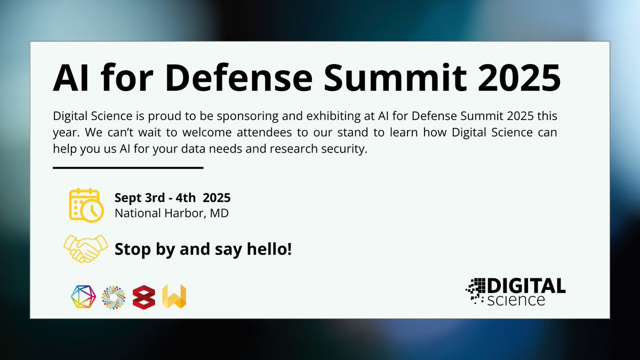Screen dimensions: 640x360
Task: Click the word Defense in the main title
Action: (238, 77)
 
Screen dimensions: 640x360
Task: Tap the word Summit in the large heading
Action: (395, 77)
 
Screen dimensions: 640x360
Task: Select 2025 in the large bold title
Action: (519, 78)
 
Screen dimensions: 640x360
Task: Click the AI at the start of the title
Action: (70, 78)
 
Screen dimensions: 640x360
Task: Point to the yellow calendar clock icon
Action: (86, 205)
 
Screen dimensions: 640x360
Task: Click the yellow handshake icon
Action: (86, 249)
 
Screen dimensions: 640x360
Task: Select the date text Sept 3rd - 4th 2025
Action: (173, 198)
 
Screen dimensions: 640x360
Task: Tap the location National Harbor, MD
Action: (171, 213)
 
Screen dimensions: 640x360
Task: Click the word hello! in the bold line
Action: (269, 249)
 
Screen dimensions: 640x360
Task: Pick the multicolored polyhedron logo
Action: (83, 297)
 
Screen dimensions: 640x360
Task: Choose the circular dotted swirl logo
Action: (114, 297)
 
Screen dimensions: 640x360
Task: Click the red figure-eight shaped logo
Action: (144, 297)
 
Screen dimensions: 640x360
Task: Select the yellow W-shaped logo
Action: (174, 297)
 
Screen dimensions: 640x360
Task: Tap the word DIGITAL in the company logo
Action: (526, 286)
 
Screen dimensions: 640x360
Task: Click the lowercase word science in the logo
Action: (516, 300)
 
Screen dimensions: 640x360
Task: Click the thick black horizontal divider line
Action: (128, 167)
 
